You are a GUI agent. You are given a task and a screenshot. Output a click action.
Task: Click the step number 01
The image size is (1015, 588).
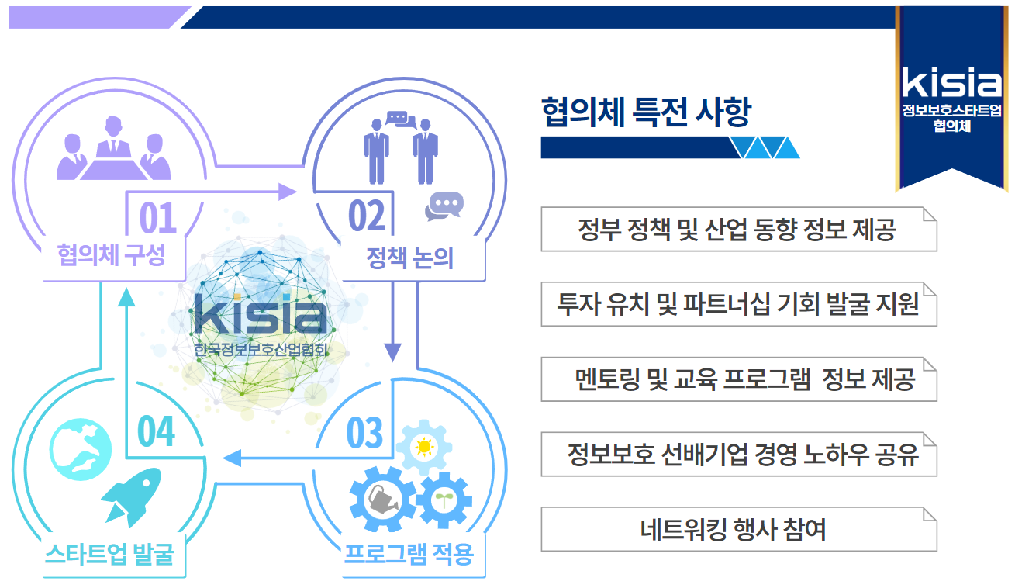[157, 217]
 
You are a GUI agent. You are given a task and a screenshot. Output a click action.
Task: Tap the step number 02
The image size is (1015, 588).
[367, 216]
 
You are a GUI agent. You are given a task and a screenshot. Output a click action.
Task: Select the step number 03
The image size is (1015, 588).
[364, 433]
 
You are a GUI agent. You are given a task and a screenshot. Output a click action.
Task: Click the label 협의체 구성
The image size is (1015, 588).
[111, 254]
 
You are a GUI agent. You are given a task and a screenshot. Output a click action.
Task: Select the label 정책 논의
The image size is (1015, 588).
[409, 258]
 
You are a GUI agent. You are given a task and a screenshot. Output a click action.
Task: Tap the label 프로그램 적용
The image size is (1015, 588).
[409, 554]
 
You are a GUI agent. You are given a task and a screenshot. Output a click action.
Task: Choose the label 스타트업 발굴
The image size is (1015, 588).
[109, 554]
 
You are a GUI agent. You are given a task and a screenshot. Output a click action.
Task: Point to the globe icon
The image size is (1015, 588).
[81, 449]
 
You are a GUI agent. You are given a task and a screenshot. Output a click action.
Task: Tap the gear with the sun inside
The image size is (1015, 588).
[424, 447]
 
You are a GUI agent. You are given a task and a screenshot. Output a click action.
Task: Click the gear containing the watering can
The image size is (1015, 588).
[383, 499]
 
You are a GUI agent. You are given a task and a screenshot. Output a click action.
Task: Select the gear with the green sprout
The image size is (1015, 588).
[444, 500]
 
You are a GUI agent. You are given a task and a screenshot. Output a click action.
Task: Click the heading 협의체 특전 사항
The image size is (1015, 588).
[647, 112]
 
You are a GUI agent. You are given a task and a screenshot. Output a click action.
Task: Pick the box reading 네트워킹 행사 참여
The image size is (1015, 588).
[739, 529]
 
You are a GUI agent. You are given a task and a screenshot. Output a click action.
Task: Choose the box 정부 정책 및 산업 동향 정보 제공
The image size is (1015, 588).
[739, 229]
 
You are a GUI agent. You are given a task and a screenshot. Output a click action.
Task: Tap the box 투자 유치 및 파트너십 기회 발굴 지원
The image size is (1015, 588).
[739, 304]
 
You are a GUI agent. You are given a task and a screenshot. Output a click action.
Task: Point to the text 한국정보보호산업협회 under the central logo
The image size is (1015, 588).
[261, 349]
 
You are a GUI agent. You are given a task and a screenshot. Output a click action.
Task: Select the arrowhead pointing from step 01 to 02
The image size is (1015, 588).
[287, 192]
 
